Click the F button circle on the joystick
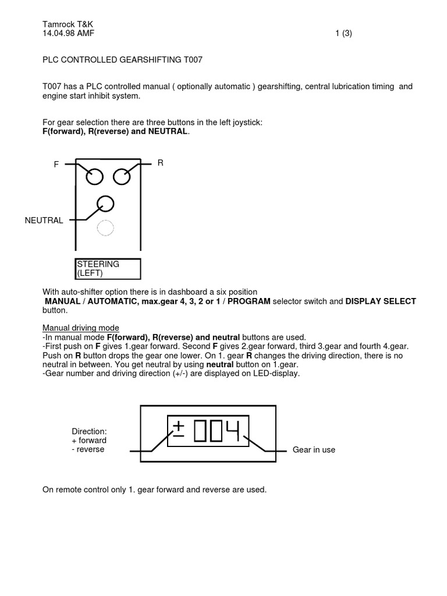(94, 176)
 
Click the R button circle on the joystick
(122, 176)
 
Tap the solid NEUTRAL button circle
(105, 204)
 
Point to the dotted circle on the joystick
(105, 229)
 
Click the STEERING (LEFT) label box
(108, 269)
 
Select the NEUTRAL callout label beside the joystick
(44, 221)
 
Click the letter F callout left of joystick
(56, 165)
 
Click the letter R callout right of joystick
(160, 164)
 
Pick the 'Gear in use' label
(314, 450)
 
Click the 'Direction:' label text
(89, 431)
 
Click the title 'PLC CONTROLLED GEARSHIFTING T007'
(123, 59)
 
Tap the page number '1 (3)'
(343, 33)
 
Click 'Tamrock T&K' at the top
(68, 24)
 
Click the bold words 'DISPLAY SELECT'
(381, 301)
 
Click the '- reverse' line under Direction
(88, 449)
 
